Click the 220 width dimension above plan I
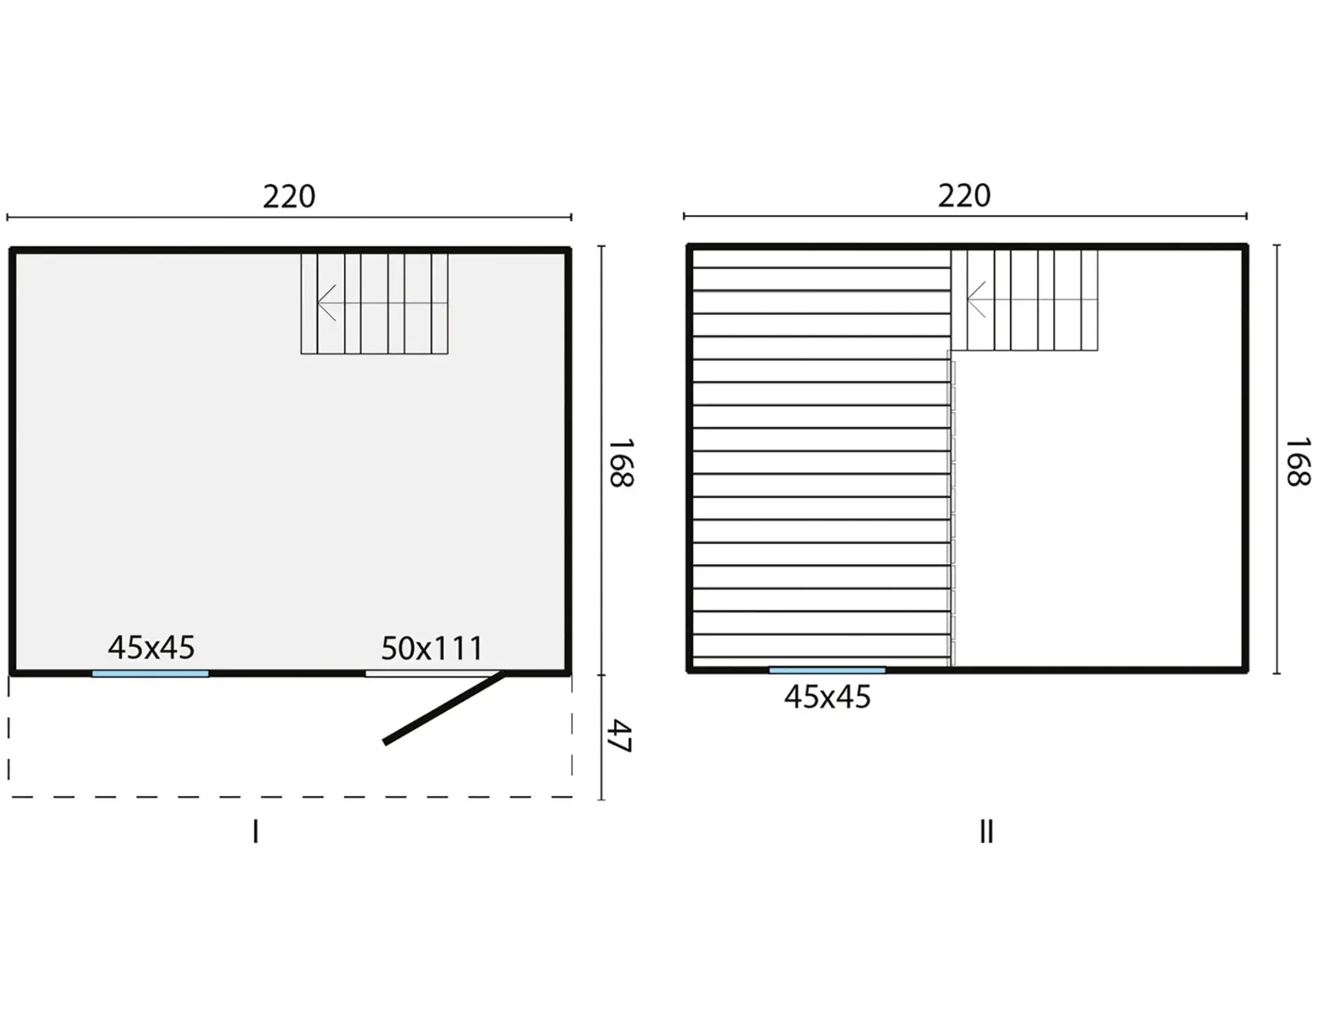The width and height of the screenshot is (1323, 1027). tap(289, 197)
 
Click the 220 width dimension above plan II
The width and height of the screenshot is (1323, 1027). tap(964, 196)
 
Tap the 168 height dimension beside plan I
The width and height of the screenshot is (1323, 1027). tap(621, 463)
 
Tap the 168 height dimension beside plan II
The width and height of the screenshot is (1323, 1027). tap(1298, 461)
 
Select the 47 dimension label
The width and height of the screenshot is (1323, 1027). tap(620, 736)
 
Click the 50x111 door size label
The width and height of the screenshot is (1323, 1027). tap(432, 648)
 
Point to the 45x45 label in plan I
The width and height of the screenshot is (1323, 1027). tap(151, 647)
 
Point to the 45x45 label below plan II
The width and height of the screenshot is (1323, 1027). tap(827, 697)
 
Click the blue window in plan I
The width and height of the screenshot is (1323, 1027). tap(150, 674)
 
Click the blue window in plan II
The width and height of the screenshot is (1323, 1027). tap(827, 670)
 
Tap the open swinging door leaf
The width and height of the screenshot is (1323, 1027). tap(444, 708)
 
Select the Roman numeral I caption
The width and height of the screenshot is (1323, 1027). tap(256, 831)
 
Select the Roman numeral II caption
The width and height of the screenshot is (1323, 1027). tap(987, 831)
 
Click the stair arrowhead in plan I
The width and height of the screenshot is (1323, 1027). tap(327, 303)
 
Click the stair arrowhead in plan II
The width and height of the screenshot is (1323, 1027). tap(976, 300)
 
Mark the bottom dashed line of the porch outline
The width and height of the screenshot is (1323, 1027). tap(290, 797)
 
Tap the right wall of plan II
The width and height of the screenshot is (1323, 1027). tap(1245, 458)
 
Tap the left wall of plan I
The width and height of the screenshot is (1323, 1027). tap(12, 461)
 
